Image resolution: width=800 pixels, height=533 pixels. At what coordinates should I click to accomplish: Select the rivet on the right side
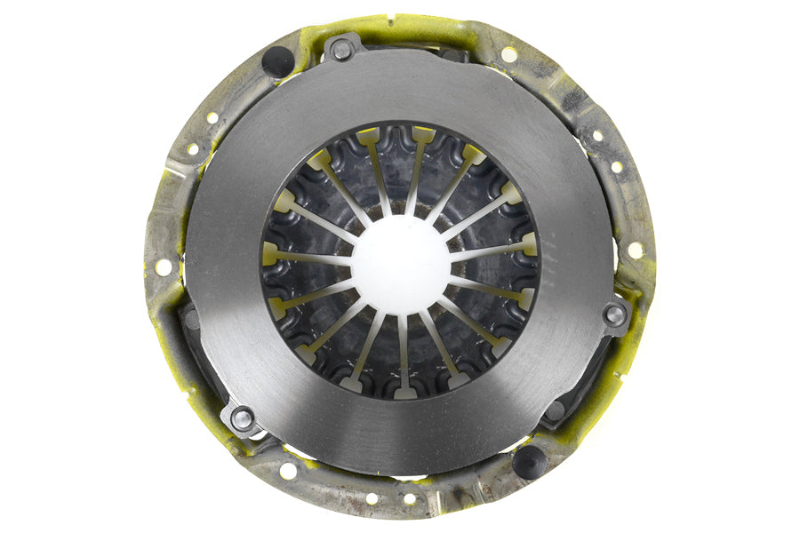613,314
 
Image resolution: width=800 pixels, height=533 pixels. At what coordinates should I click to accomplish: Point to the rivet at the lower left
241,417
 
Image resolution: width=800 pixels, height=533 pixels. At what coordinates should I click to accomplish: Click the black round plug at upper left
277,60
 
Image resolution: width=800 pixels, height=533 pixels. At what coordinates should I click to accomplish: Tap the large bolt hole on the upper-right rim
509,54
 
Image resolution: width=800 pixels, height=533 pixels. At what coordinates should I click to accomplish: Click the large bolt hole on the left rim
164,266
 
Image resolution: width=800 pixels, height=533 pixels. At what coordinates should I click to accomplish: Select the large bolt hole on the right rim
636,251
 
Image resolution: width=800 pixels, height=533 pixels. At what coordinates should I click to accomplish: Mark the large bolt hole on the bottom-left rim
288,470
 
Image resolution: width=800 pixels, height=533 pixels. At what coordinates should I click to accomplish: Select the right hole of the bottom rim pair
410,498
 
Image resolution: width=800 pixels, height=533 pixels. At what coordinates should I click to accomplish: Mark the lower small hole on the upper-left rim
192,149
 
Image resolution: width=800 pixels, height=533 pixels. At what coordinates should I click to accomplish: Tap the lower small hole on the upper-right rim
617,166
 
